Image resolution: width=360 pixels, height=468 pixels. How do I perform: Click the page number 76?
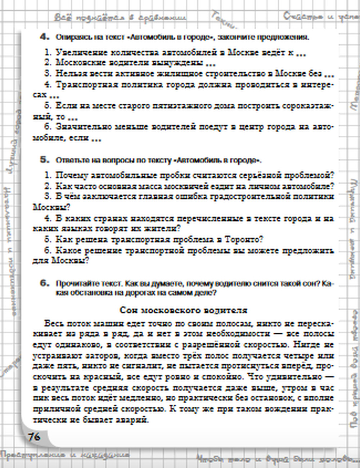click(34, 437)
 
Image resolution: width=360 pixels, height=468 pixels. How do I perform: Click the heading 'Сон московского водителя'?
click(183, 310)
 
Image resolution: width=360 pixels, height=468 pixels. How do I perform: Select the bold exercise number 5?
click(44, 159)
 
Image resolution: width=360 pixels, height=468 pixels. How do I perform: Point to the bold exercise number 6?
click(44, 283)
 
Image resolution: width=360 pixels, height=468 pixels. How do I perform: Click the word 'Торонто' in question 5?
click(243, 239)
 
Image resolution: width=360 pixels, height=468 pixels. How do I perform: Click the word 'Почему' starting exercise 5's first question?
click(72, 175)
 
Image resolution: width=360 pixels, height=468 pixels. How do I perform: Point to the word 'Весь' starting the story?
click(52, 323)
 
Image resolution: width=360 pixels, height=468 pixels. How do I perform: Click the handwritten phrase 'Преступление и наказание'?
click(65, 455)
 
